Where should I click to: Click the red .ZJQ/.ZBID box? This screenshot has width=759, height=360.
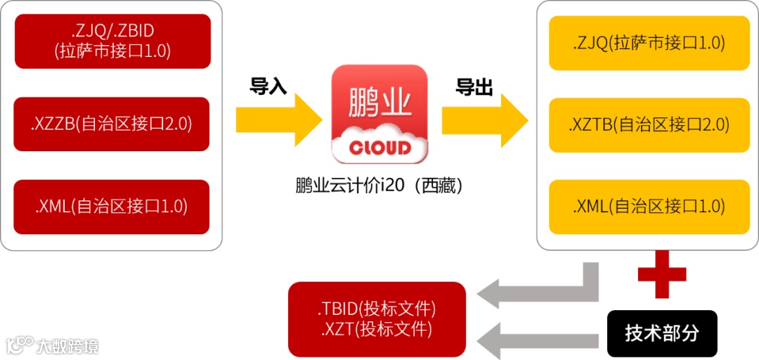112,41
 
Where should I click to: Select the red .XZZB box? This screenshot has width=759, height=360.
112,124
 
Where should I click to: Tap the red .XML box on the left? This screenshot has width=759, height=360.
112,207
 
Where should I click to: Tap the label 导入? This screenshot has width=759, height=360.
268,86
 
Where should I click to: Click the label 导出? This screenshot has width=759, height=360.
474,86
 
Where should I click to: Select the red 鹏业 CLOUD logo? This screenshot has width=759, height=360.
379,113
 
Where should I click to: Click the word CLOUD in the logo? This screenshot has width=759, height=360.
379,148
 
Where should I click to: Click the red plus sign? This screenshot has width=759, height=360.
662,274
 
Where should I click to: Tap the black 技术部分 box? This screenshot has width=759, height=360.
662,333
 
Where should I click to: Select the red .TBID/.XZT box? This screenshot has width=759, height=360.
377,319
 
